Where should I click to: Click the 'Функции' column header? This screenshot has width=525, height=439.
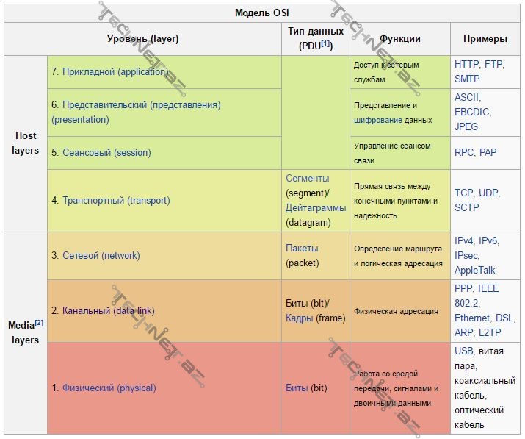click(x=400, y=39)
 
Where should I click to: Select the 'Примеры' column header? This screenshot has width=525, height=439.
click(x=485, y=39)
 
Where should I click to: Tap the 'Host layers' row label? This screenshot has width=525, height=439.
click(x=26, y=143)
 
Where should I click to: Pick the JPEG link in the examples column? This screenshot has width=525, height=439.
click(x=466, y=126)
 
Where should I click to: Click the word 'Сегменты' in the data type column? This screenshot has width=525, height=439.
click(x=307, y=179)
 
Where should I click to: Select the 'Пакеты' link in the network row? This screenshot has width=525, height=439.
click(x=302, y=249)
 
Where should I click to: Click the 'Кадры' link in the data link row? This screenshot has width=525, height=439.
click(x=299, y=318)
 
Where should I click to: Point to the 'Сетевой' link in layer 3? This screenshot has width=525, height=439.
click(x=81, y=256)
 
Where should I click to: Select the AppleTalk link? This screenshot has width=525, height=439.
click(x=475, y=270)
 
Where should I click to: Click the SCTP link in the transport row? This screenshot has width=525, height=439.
click(x=467, y=207)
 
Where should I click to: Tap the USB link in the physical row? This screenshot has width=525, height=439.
click(x=464, y=351)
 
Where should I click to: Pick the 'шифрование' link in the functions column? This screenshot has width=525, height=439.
click(x=377, y=120)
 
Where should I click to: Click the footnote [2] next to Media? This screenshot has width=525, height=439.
click(x=39, y=323)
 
